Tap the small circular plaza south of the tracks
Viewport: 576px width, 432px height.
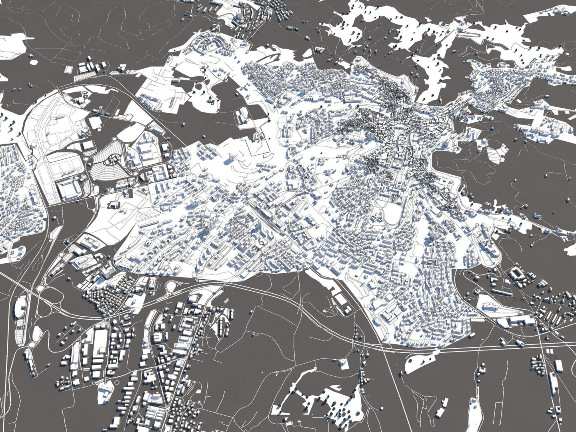pos(261,242)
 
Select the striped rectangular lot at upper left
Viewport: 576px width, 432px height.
pos(84,76)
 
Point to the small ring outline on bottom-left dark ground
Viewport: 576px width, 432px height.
pos(31,344)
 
